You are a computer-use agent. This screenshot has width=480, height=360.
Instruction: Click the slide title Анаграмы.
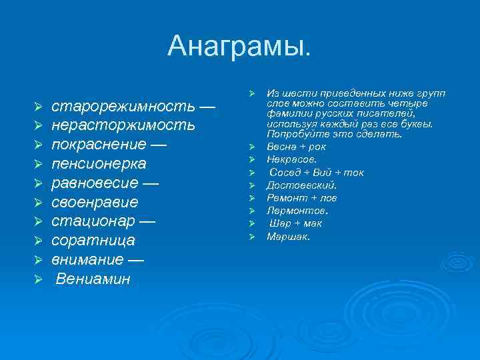[x=239, y=46]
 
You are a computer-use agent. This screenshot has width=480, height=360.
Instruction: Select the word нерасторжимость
[x=123, y=125]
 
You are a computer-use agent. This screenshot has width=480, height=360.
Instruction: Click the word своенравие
[x=95, y=202]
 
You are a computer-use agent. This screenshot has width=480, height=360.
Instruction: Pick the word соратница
[x=93, y=241]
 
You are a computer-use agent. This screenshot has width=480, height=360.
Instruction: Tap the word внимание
[x=87, y=260]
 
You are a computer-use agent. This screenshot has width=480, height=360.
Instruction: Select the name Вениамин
[x=93, y=279]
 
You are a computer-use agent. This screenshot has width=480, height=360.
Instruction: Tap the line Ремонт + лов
[x=302, y=198]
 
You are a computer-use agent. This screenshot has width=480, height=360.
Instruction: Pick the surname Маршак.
[x=288, y=236]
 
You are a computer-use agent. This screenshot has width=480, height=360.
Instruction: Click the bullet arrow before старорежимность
[x=39, y=107]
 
